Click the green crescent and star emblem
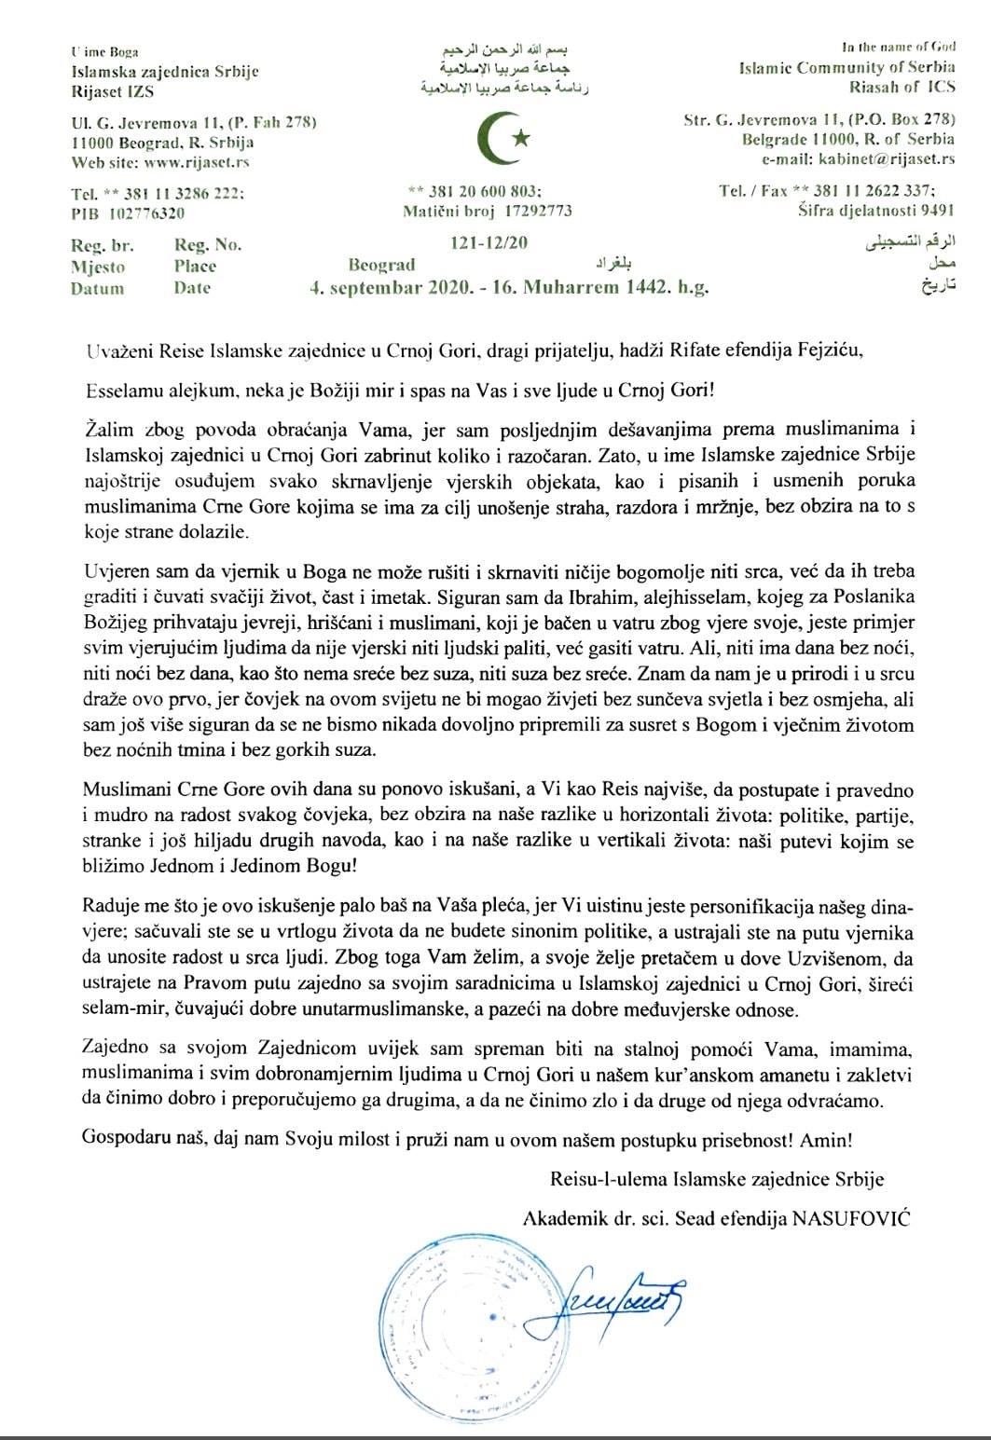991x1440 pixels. [503, 137]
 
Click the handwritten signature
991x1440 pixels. [615, 1296]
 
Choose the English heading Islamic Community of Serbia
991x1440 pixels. [846, 68]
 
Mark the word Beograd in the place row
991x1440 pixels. [381, 266]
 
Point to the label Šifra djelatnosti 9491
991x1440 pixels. [876, 211]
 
